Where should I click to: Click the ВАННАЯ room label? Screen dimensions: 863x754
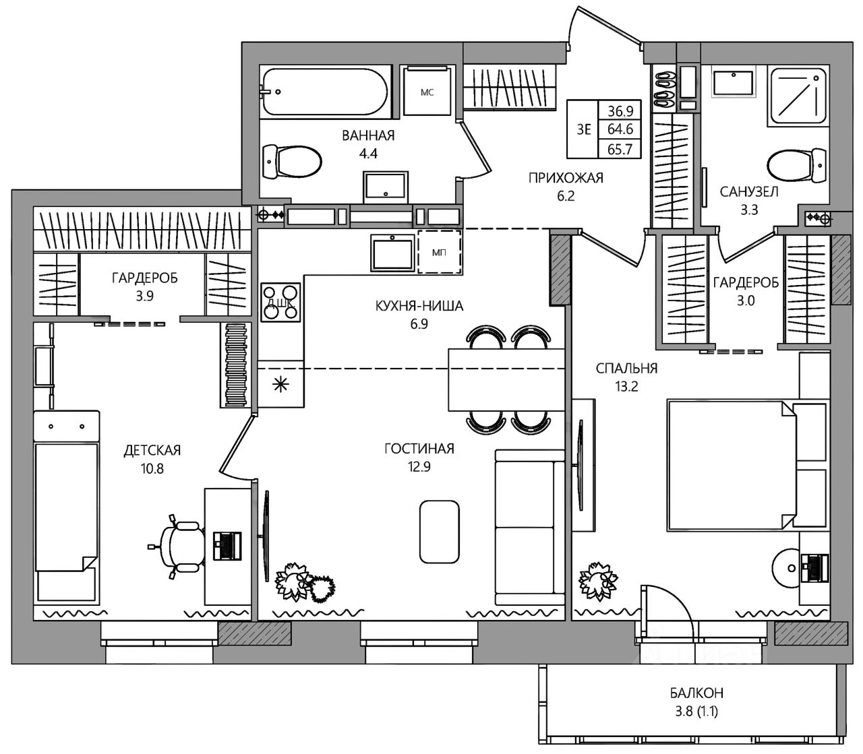[368, 135]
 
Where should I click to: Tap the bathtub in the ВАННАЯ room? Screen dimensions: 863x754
[324, 91]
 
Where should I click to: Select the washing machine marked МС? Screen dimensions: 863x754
[427, 90]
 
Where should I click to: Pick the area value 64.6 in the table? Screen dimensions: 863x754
[620, 129]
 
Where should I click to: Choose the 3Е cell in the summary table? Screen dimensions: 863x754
[583, 129]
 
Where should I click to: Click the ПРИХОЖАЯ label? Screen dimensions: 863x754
[566, 179]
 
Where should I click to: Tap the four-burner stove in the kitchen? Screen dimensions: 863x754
[280, 302]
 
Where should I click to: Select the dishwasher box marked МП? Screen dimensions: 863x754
[440, 251]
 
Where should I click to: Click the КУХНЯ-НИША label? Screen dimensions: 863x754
[419, 306]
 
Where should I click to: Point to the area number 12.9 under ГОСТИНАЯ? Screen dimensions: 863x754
[419, 467]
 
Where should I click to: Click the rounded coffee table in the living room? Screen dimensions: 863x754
[439, 532]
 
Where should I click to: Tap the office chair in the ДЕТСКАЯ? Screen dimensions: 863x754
[179, 546]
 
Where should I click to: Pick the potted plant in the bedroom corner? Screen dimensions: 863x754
[598, 580]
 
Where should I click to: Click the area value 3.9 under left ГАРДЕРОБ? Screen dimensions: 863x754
[144, 296]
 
